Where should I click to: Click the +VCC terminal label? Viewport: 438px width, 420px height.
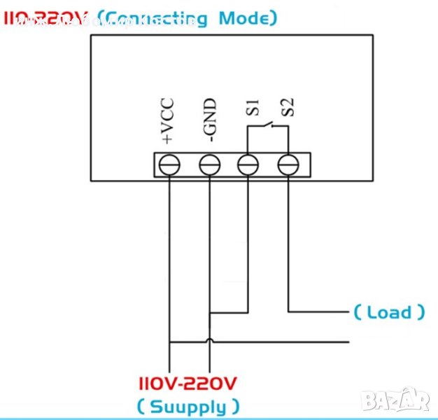click(x=168, y=122)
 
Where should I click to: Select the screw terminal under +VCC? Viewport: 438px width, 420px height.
click(x=170, y=165)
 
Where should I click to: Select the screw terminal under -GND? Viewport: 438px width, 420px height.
click(x=209, y=165)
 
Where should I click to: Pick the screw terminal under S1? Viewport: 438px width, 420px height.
click(x=248, y=165)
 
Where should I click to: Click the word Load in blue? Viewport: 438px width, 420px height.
click(x=389, y=312)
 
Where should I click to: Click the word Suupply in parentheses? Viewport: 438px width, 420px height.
click(x=187, y=406)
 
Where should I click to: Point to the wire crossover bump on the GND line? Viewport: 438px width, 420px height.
click(x=209, y=342)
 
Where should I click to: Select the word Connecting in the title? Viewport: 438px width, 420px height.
click(x=155, y=18)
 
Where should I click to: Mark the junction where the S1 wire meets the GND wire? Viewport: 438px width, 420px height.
click(x=210, y=311)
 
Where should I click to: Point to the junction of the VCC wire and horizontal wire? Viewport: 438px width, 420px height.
click(x=170, y=342)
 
